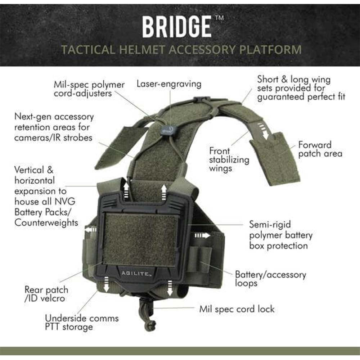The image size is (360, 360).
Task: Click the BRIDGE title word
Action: pyautogui.click(x=176, y=27)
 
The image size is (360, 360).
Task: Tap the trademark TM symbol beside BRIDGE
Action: pyautogui.click(x=219, y=18)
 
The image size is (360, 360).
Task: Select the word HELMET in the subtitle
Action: pyautogui.click(x=142, y=50)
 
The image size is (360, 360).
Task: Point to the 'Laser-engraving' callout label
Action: pyautogui.click(x=169, y=84)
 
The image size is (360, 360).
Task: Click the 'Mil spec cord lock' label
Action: pyautogui.click(x=237, y=309)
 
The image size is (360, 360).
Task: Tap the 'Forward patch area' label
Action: pyautogui.click(x=320, y=149)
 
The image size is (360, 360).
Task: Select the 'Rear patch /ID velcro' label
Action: pyautogui.click(x=46, y=294)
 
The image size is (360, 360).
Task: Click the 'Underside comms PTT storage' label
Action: pyautogui.click(x=82, y=323)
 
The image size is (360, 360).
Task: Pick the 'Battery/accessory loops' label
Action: pyautogui.click(x=270, y=279)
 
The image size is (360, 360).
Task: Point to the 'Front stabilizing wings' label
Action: pyautogui.click(x=229, y=159)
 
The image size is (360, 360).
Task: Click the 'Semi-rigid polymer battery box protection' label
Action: pyautogui.click(x=281, y=235)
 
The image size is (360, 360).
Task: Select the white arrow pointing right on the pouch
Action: pyautogui.click(x=202, y=235)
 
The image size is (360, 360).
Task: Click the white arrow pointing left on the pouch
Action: pyautogui.click(x=91, y=230)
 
